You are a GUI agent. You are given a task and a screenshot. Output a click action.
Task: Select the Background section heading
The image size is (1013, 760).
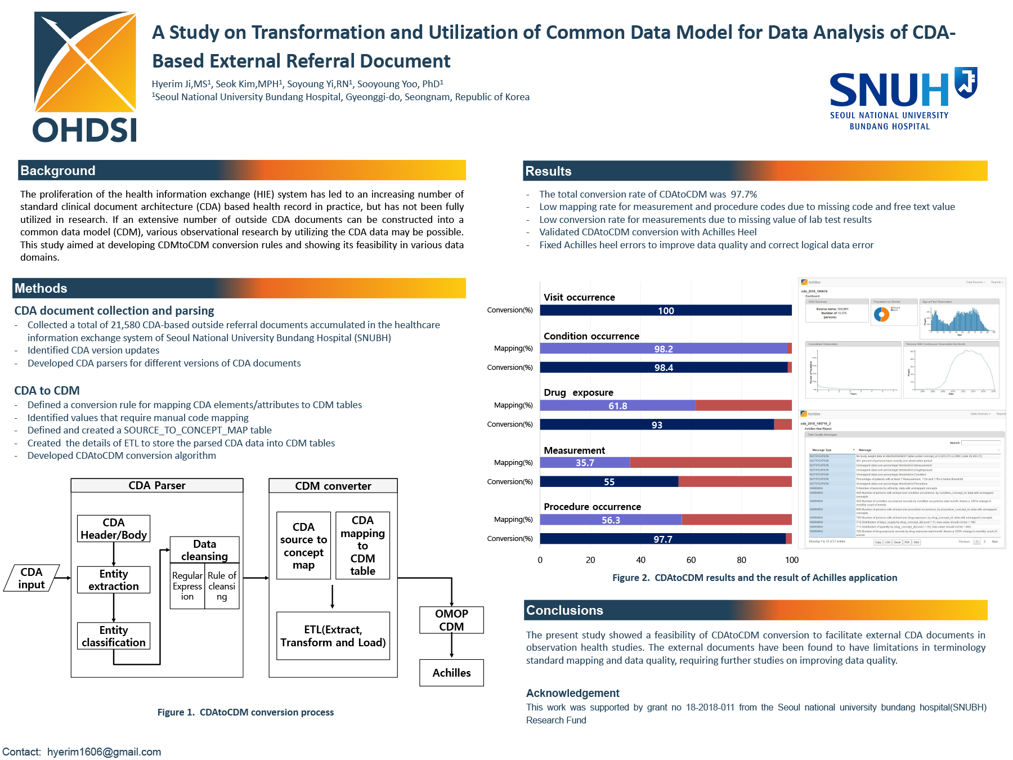pos(58,171)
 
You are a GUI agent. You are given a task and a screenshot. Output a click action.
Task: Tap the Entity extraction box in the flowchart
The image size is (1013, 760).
pos(114,580)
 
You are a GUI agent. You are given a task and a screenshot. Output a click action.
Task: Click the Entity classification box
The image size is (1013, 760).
pos(114,636)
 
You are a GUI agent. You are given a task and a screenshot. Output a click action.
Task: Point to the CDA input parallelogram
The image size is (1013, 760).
pos(32,578)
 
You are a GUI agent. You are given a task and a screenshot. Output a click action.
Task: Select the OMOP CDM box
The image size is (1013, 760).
pos(451,620)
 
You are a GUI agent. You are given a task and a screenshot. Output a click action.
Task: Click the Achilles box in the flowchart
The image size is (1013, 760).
pos(451,673)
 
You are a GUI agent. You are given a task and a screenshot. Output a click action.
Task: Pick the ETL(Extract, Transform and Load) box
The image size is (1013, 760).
pos(333,636)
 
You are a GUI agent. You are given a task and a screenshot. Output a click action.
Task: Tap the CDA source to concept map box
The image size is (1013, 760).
pos(303,546)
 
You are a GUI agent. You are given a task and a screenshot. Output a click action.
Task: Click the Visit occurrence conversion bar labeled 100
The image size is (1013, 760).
pos(666,311)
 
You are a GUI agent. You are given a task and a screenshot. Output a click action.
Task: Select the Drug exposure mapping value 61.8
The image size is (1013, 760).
pos(617,406)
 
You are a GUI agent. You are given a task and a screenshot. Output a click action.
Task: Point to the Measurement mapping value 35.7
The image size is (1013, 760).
pos(585,463)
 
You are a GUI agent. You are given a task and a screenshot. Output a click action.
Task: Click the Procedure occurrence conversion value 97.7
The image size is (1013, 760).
pos(662,539)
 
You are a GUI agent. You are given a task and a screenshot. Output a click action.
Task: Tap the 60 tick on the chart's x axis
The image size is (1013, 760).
pos(691,560)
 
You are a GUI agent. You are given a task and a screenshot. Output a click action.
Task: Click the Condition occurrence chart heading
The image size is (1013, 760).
pos(591,336)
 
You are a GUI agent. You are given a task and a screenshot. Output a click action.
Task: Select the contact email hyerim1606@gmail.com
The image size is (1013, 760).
pos(104,752)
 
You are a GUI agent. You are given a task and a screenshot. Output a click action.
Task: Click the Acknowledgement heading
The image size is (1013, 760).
pos(572,693)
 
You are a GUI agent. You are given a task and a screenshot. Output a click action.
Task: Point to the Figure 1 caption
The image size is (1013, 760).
pos(245,712)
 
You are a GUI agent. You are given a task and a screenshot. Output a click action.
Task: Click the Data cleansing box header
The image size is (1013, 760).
pos(204,550)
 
